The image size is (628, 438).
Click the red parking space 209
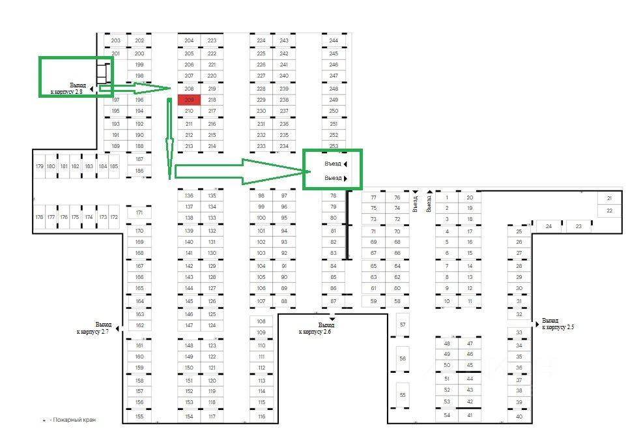click(190, 100)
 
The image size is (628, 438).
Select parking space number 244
click(334, 40)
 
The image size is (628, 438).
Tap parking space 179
click(39, 166)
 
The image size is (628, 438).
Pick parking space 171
click(139, 212)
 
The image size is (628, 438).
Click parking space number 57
click(403, 325)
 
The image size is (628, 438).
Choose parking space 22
click(609, 211)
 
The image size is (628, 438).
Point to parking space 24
click(549, 226)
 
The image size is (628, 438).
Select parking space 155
click(139, 416)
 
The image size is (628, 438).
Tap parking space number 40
click(519, 416)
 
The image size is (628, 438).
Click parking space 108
click(261, 321)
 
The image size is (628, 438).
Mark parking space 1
click(447, 197)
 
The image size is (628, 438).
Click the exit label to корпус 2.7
click(94, 328)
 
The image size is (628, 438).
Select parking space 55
click(403, 395)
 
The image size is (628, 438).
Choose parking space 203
click(116, 40)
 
